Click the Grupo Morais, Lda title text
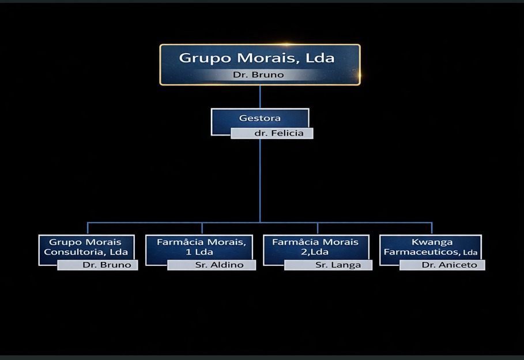pyautogui.click(x=257, y=58)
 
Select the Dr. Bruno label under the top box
pyautogui.click(x=258, y=75)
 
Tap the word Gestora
pyautogui.click(x=260, y=118)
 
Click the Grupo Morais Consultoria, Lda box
pyautogui.click(x=86, y=247)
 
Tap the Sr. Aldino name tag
pyautogui.click(x=219, y=265)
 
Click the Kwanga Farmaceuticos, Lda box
pyautogui.click(x=431, y=247)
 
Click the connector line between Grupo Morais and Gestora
pyautogui.click(x=260, y=96)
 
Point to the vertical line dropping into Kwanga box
pyautogui.click(x=432, y=228)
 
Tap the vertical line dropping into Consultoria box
pyautogui.click(x=88, y=228)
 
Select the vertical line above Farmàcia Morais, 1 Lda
pyautogui.click(x=202, y=228)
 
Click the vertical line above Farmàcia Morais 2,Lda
pyautogui.click(x=317, y=228)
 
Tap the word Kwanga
pyautogui.click(x=432, y=242)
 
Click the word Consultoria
pyautogui.click(x=70, y=252)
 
